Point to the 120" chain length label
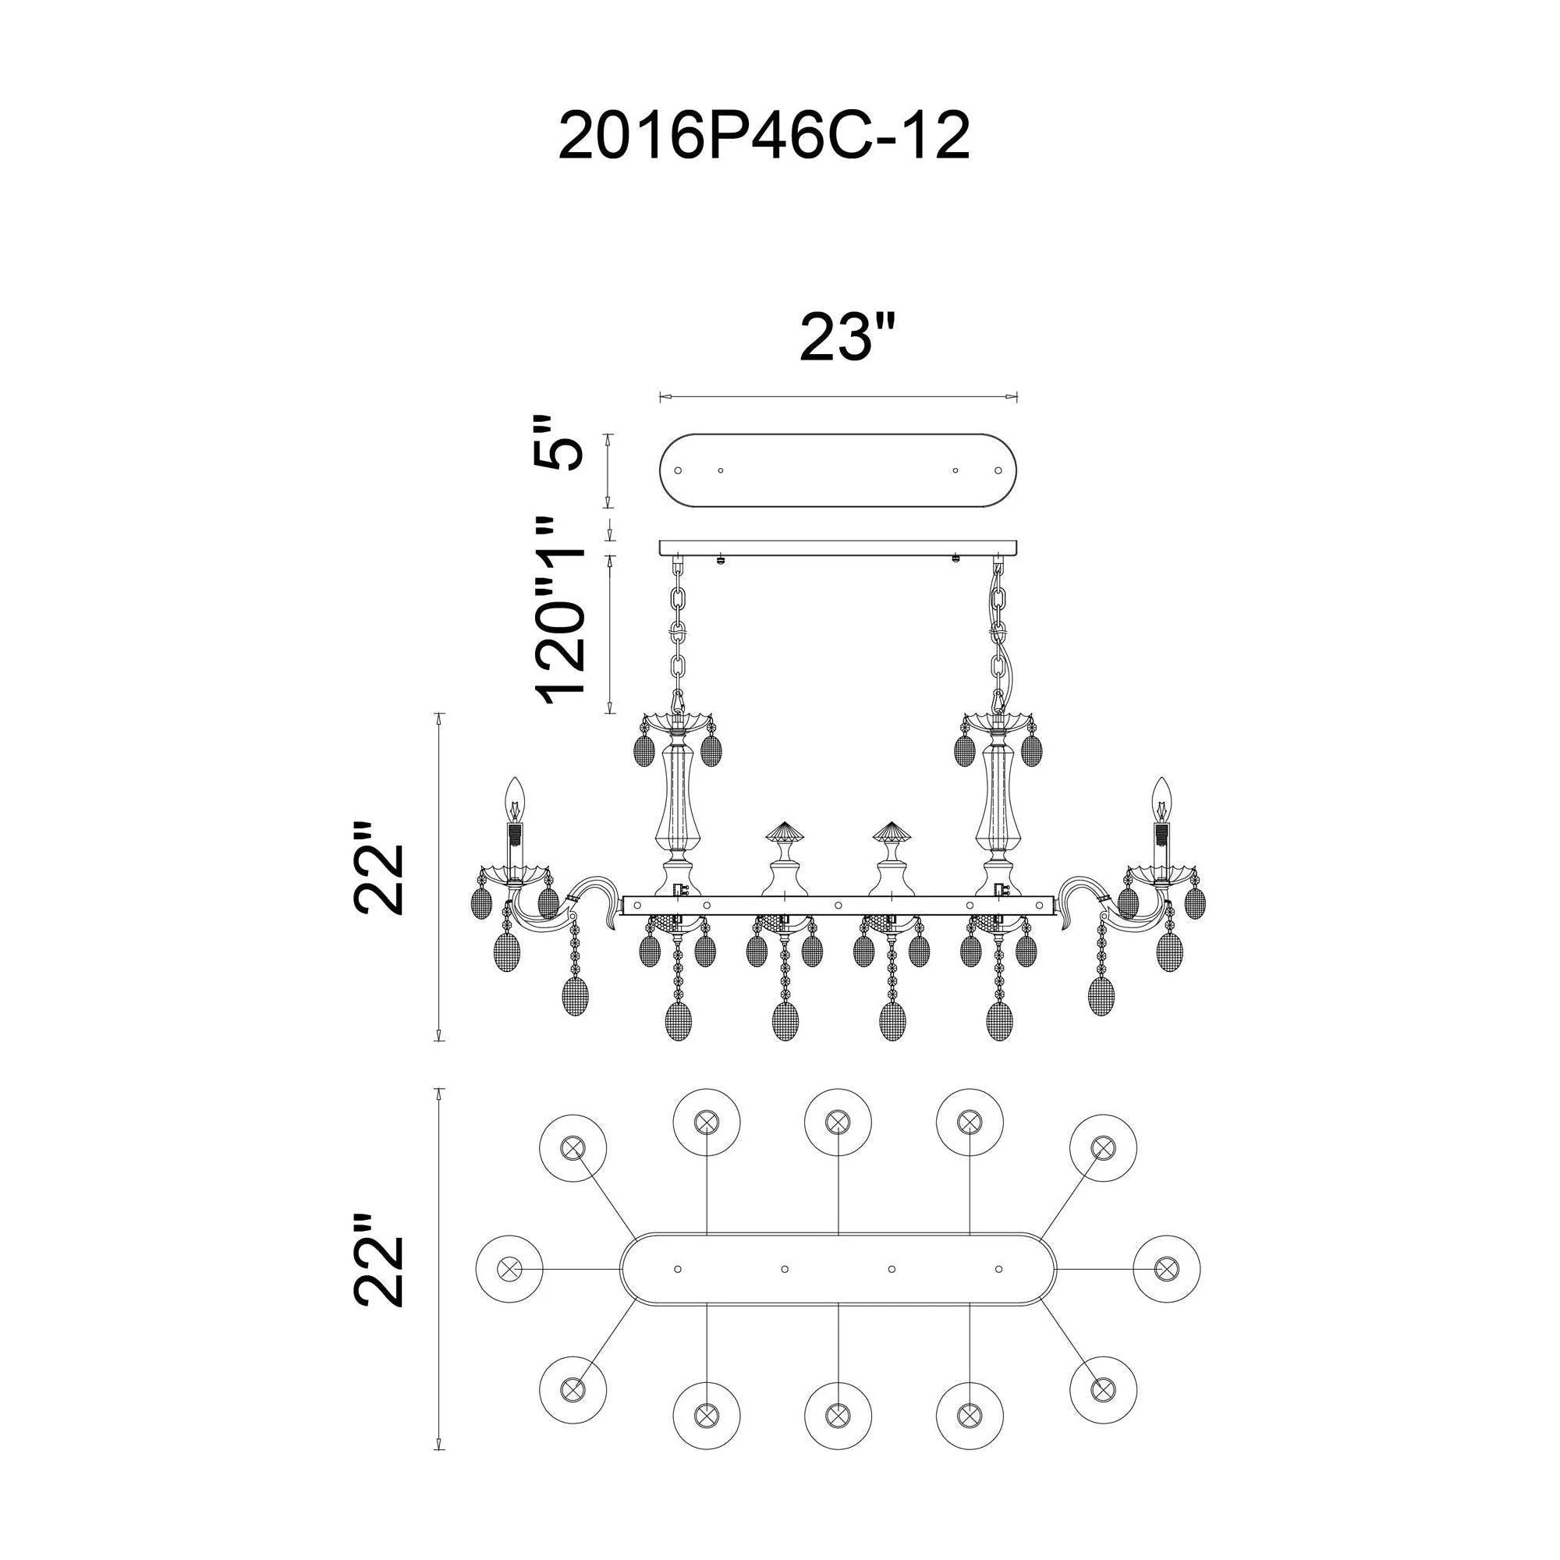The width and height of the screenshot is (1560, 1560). click(558, 638)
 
